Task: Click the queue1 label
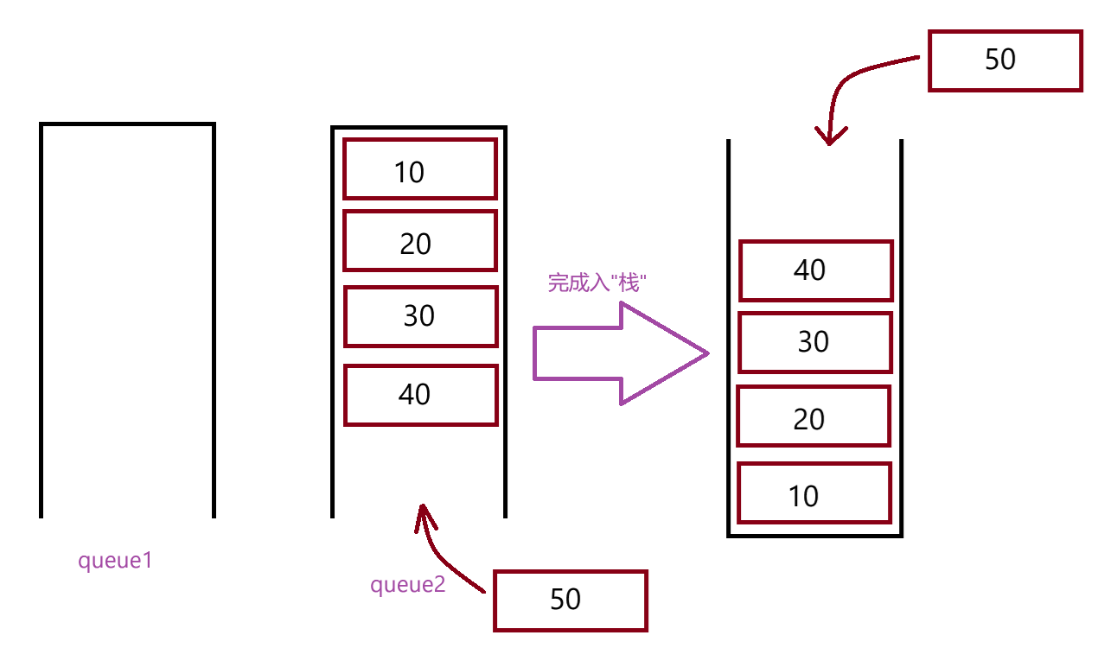point(115,561)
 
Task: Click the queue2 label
point(407,585)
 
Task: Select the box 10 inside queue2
point(420,169)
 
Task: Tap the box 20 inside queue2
point(420,241)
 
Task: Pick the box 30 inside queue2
point(421,316)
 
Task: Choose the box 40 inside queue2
point(421,395)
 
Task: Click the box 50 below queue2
point(570,600)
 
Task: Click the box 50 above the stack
point(1005,60)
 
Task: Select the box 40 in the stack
point(814,270)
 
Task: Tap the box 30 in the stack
point(814,342)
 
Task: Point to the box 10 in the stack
point(813,493)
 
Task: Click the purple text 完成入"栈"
point(597,283)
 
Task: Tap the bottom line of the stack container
point(814,536)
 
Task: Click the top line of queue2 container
point(418,128)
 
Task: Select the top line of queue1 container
point(127,124)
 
